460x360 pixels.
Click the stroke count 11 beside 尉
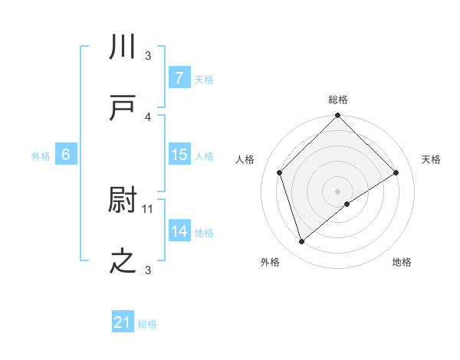tap(149, 208)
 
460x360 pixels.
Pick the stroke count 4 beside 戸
tap(149, 116)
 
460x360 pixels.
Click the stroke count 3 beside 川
tap(149, 56)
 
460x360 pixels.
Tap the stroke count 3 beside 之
tap(149, 269)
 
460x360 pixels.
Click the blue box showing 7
tap(179, 78)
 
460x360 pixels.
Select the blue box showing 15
tap(179, 155)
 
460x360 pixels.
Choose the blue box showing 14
tap(179, 231)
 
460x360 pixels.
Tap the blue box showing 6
tap(66, 155)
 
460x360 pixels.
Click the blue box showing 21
tap(123, 322)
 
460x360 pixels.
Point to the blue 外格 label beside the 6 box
tap(41, 155)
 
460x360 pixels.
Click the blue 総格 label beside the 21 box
tap(147, 324)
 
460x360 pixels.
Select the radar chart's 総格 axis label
tap(338, 100)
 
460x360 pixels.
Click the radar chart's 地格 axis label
tap(402, 262)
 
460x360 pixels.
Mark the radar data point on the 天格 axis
tap(396, 172)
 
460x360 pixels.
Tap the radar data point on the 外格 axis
tap(301, 242)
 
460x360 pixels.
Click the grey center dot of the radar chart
tap(338, 191)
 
